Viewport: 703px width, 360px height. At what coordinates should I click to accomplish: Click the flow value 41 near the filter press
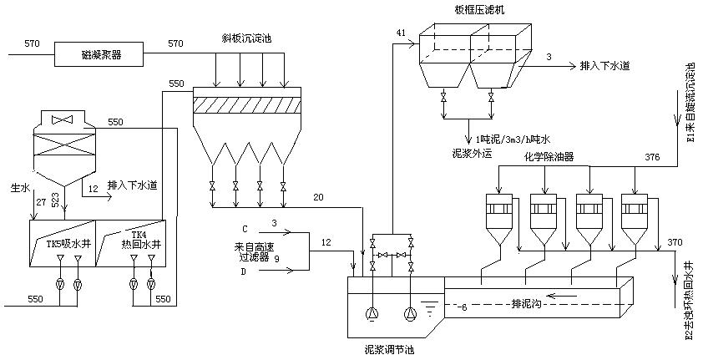point(401,33)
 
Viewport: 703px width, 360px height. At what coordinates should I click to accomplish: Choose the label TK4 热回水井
point(133,242)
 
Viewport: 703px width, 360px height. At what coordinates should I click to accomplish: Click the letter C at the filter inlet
point(245,227)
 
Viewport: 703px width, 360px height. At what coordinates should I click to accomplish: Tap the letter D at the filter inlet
point(245,271)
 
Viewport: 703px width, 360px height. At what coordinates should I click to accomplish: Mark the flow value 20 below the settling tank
point(317,197)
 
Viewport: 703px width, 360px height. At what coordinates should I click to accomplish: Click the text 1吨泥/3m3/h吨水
point(513,138)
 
